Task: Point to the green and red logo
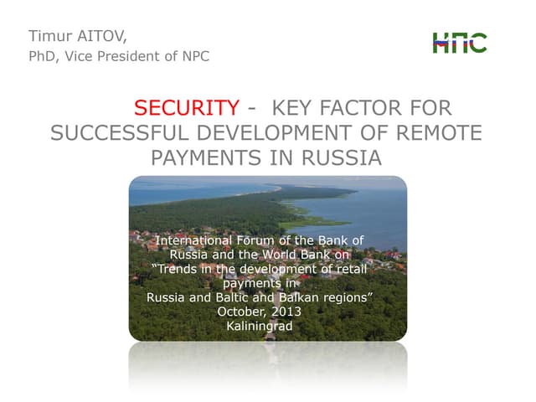coord(459,42)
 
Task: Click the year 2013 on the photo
coord(284,312)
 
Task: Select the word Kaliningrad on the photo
coord(260,326)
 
